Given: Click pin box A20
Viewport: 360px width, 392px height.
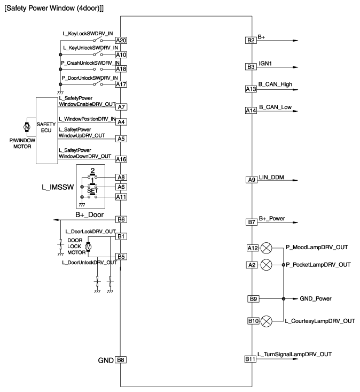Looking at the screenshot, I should [121, 41].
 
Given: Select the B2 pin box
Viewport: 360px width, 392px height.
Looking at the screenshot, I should [251, 41].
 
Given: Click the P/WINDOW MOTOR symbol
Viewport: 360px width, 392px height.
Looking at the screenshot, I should [26, 127].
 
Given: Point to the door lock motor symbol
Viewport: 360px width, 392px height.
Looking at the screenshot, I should [89, 247].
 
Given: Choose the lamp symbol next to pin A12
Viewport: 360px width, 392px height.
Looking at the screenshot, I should [266, 248].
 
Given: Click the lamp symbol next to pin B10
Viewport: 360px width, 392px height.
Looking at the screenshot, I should [266, 321].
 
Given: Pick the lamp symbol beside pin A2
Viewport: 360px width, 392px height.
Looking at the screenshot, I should [266, 265].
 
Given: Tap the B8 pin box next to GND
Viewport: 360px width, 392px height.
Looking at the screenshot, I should [121, 359].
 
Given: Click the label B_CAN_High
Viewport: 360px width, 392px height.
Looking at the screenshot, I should [276, 84].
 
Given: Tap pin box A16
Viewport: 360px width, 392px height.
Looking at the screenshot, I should [121, 159].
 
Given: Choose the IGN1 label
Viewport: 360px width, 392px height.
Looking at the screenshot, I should [266, 63].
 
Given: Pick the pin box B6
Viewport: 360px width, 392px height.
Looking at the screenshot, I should [121, 219].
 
